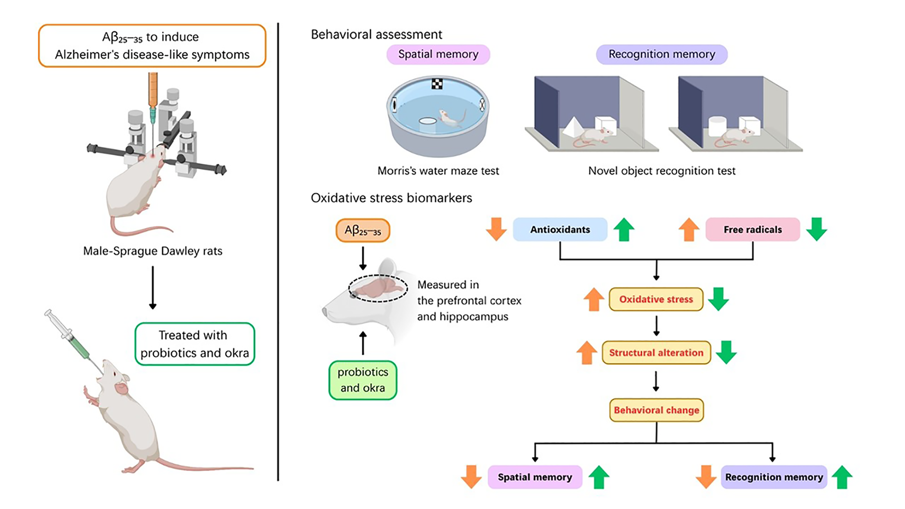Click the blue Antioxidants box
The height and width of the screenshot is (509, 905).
[560, 229]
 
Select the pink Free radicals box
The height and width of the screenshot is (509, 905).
[753, 229]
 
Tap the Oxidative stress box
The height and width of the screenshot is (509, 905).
[656, 299]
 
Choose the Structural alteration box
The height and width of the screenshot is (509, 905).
[656, 352]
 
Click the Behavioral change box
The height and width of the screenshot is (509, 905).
[656, 410]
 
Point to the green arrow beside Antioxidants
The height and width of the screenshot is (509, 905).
[624, 229]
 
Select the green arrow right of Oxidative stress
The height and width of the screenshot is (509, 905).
[718, 299]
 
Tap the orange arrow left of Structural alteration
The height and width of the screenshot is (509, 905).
[587, 352]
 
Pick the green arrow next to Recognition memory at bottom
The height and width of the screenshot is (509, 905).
[842, 477]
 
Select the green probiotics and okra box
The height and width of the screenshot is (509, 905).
[363, 380]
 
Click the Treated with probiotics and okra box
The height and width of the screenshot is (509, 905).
[195, 344]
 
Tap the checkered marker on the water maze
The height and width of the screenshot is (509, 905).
[437, 84]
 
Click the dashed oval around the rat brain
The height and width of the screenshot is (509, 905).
[378, 288]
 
